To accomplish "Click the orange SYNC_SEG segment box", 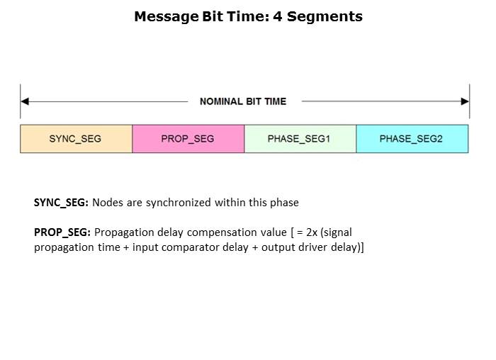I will point(76,139).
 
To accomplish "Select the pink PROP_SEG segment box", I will point(188,139).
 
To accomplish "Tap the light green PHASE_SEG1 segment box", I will point(300,139).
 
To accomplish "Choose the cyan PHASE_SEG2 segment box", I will point(412,139).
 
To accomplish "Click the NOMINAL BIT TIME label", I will point(243,101).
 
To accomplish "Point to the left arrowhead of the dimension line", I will point(24,101).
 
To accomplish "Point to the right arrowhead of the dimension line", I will point(465,101).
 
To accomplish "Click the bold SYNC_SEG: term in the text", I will point(62,203).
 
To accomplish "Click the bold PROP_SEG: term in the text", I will point(62,232).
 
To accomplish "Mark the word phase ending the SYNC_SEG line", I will point(284,203).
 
